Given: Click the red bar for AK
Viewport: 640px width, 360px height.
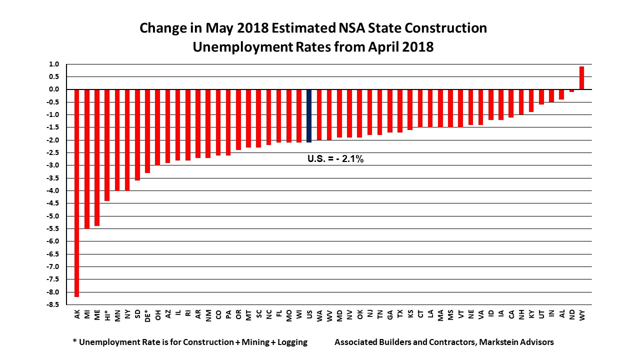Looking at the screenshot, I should pos(77,193).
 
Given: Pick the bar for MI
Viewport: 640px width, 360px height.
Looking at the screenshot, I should pos(87,158).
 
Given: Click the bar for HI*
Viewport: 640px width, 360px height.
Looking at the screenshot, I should pos(107,145).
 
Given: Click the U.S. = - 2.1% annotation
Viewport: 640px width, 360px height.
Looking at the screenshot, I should pos(335,160).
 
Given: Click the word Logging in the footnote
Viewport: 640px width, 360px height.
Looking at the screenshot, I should pos(291,342).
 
